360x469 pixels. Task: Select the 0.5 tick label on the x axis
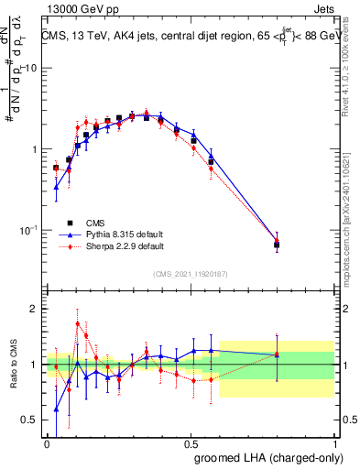tap(191, 442)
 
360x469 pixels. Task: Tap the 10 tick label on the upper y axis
tap(31, 69)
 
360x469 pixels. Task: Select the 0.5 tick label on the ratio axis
tap(30, 420)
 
